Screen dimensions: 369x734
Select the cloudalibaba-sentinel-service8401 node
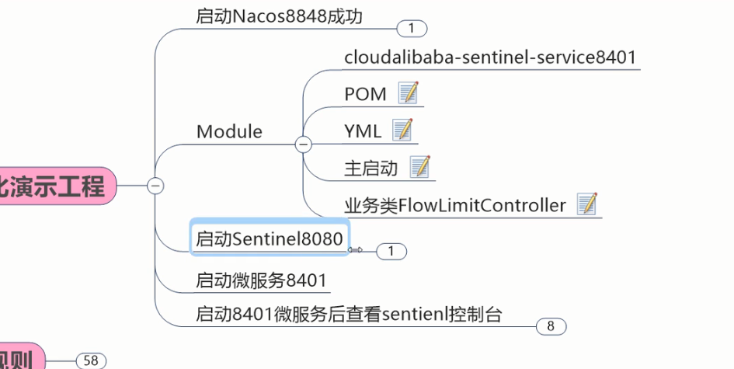click(490, 57)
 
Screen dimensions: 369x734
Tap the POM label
click(365, 94)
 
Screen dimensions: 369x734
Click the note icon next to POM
click(408, 94)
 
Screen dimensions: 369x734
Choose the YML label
click(363, 131)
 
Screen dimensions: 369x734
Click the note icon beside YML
click(402, 131)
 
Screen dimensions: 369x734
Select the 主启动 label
click(370, 168)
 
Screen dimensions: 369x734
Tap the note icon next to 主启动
click(419, 167)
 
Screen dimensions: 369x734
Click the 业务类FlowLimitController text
click(455, 206)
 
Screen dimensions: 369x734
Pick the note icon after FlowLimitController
click(587, 205)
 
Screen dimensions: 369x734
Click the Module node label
click(229, 131)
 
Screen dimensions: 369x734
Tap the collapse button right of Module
click(304, 144)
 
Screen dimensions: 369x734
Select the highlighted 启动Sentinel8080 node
click(269, 239)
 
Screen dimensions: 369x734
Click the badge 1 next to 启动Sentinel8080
click(391, 251)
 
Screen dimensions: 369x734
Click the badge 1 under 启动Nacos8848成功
click(412, 29)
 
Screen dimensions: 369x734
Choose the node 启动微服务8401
click(261, 280)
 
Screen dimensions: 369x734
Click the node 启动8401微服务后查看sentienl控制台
click(349, 315)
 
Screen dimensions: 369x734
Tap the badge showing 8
click(551, 326)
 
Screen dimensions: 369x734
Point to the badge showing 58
click(91, 360)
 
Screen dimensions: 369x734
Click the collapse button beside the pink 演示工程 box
click(156, 186)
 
